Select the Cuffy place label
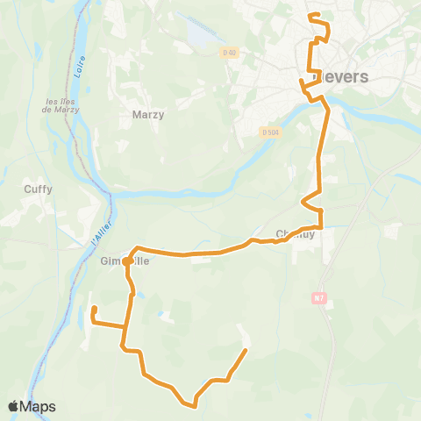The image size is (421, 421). (x=38, y=189)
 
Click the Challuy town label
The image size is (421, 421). (x=295, y=234)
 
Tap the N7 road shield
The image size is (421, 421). (x=318, y=298)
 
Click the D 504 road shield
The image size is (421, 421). (x=270, y=132)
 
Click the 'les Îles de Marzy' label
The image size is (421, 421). (x=62, y=105)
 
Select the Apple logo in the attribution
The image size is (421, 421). (x=13, y=406)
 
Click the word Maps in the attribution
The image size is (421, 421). (x=38, y=407)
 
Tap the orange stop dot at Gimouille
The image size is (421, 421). (x=127, y=261)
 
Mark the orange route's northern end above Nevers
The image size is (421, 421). (x=311, y=15)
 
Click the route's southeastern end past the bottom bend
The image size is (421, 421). (x=245, y=351)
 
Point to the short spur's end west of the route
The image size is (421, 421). (x=94, y=308)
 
